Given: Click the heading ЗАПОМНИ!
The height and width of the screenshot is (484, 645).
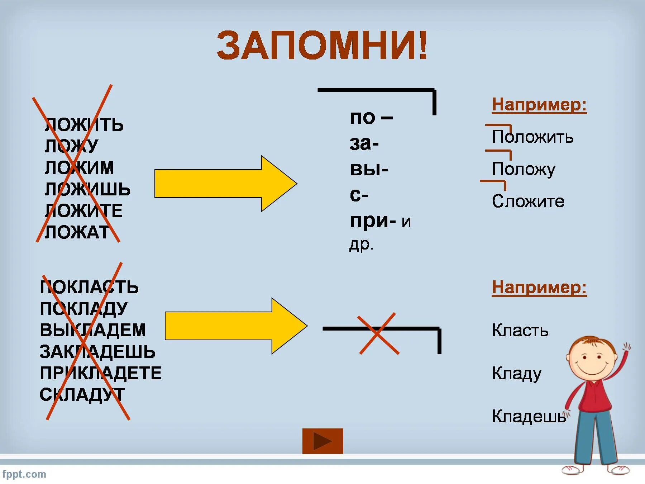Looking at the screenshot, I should (322, 46).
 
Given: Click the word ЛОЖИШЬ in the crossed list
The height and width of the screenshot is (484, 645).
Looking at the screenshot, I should (87, 189).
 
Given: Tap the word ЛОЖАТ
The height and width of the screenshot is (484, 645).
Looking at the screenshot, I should (77, 232).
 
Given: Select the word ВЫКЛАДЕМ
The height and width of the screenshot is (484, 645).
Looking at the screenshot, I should (92, 330).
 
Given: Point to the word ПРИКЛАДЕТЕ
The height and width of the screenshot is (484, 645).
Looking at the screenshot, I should (100, 373).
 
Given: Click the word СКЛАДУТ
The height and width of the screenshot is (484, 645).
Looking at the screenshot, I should (82, 395).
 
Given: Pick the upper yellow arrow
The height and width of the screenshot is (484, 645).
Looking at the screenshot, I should (225, 184).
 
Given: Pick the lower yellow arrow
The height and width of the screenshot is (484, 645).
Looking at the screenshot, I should (236, 326).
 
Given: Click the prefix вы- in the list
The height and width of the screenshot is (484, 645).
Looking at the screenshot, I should (369, 169).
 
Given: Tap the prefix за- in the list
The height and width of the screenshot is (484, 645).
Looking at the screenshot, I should (364, 143).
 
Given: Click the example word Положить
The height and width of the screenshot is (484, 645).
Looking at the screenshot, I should (532, 137).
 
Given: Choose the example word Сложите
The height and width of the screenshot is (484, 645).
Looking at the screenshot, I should (528, 201).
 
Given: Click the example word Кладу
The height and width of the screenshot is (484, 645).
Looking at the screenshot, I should (516, 374).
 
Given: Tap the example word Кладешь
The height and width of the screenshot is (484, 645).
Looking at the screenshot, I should (529, 417).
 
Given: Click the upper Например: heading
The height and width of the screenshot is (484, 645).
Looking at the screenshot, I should (539, 105).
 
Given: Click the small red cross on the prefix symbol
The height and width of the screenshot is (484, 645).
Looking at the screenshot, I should (379, 333).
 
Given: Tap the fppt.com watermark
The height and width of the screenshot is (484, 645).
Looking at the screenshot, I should (24, 474).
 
